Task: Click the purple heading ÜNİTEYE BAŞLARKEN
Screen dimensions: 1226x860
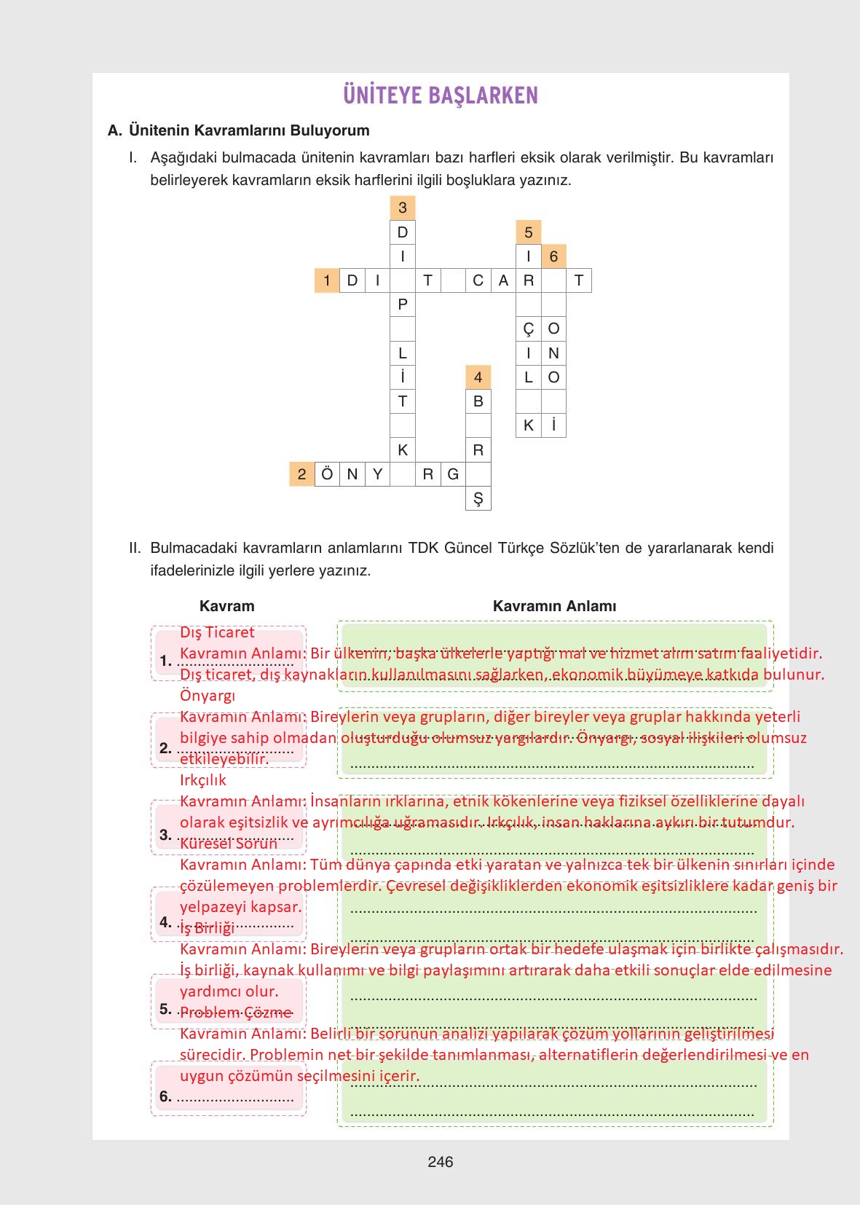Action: click(440, 95)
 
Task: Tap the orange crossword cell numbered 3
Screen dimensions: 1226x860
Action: click(403, 208)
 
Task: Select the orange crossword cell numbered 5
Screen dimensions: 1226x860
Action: click(528, 232)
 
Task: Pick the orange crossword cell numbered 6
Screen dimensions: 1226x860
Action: click(553, 256)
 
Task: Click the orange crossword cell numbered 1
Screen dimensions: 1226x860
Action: click(327, 280)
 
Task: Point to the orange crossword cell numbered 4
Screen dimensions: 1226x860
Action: click(478, 377)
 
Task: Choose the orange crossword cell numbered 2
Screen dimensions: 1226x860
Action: click(301, 475)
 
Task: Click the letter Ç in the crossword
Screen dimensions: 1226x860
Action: click(528, 329)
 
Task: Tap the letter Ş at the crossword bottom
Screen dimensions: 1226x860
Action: click(478, 499)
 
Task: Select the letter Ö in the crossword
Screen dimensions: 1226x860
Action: click(327, 475)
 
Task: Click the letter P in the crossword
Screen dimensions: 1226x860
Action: click(403, 304)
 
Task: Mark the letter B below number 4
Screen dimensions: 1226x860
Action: click(478, 401)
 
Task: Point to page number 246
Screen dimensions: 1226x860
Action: click(441, 1162)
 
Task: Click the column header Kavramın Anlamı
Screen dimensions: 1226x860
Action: click(554, 606)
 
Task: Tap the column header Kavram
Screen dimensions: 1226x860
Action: click(227, 606)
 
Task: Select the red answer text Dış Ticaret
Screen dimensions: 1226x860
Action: click(217, 632)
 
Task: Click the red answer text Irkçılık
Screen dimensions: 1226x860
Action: click(203, 780)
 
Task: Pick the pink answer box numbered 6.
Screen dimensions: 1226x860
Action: click(228, 1088)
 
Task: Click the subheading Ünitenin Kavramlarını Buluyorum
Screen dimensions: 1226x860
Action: click(249, 130)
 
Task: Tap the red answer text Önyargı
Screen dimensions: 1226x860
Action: click(208, 696)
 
